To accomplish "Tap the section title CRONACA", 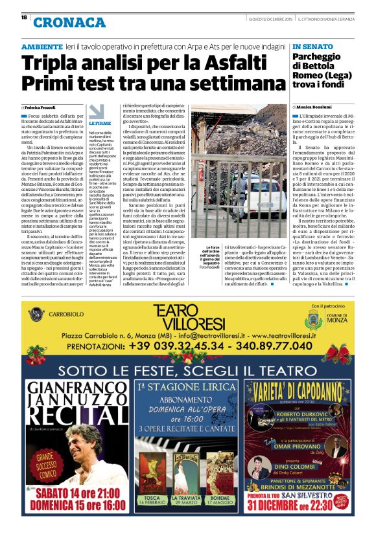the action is [68, 23].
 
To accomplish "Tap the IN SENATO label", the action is [314, 47].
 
